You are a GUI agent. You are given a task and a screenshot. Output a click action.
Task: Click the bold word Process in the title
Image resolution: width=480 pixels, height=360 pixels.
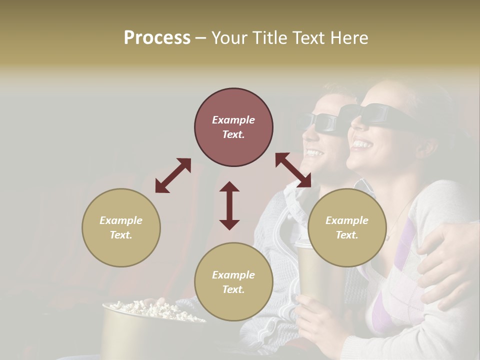click(x=157, y=38)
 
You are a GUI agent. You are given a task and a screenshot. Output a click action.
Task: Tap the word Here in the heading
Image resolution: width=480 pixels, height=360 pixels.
click(x=348, y=38)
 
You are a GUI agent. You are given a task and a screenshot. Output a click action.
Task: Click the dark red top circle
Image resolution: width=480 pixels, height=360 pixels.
click(x=233, y=127)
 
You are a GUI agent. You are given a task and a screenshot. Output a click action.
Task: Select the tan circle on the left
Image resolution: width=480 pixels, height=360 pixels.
click(x=121, y=227)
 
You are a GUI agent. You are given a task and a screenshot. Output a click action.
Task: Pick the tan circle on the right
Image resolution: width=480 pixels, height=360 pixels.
click(x=347, y=227)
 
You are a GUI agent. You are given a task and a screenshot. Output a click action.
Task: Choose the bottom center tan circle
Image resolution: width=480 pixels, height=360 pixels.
click(x=233, y=282)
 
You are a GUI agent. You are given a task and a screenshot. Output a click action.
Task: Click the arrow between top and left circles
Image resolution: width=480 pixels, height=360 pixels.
click(x=173, y=175)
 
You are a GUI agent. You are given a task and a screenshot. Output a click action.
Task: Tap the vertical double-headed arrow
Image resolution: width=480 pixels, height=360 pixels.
click(x=229, y=205)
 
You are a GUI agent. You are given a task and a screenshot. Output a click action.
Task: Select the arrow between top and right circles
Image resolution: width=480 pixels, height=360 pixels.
click(x=293, y=170)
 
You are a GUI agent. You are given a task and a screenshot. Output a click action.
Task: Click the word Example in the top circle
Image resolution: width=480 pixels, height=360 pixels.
click(x=233, y=120)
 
